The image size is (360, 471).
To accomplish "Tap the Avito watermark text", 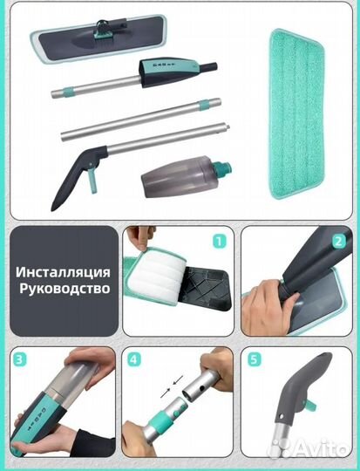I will [x=319, y=450].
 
